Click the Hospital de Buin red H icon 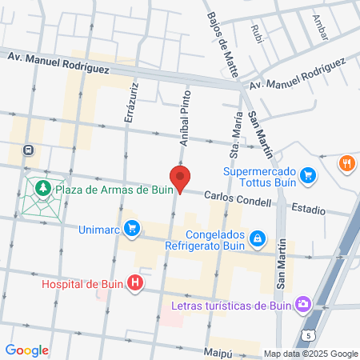coord(136,283)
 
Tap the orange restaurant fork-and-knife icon coord(346,164)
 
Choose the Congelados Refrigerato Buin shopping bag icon coord(258,238)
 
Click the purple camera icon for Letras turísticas coord(303,304)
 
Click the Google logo coord(26,350)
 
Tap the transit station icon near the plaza coord(29,150)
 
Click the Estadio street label coord(308,210)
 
